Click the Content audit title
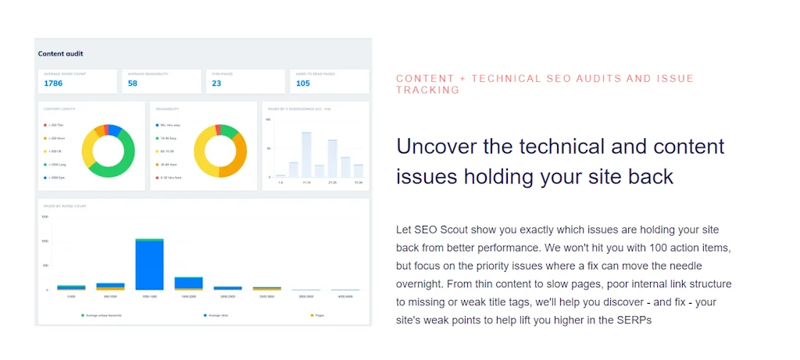coord(61,54)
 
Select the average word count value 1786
coord(53,84)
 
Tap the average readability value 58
coord(133,84)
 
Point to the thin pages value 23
coord(216,84)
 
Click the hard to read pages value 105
coord(303,84)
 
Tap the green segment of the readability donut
coord(228,130)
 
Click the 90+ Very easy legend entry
coord(169,125)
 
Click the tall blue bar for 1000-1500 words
coord(149,266)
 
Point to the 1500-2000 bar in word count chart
coord(188,283)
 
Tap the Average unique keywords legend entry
coord(102,315)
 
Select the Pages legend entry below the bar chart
coord(317,315)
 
